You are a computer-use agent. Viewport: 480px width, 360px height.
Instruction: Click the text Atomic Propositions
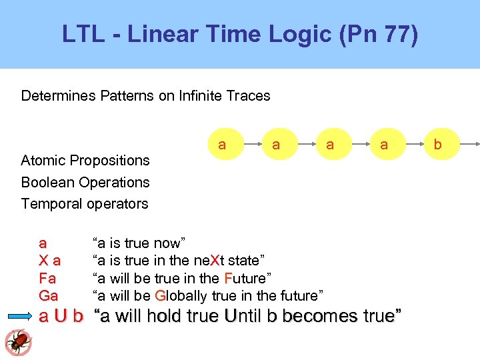coord(85,160)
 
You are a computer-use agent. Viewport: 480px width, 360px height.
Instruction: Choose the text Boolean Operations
coord(85,182)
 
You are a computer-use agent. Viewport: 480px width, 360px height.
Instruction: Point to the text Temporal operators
coord(85,203)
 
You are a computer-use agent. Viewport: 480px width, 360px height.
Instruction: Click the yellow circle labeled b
coord(437,144)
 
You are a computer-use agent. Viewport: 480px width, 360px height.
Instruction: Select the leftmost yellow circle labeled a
coord(222,144)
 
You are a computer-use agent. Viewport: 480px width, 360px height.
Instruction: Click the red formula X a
coord(50,259)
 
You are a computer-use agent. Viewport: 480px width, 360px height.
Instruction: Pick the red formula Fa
coord(47,277)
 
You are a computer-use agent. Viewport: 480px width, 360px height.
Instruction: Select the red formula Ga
coord(49,295)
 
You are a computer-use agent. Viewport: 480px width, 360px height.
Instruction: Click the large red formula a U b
coord(61,316)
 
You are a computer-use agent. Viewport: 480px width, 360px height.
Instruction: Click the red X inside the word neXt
coord(214,259)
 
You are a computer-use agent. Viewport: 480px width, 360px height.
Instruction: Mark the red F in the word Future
coord(228,277)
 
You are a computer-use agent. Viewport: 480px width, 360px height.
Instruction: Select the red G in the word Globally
coord(160,295)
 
